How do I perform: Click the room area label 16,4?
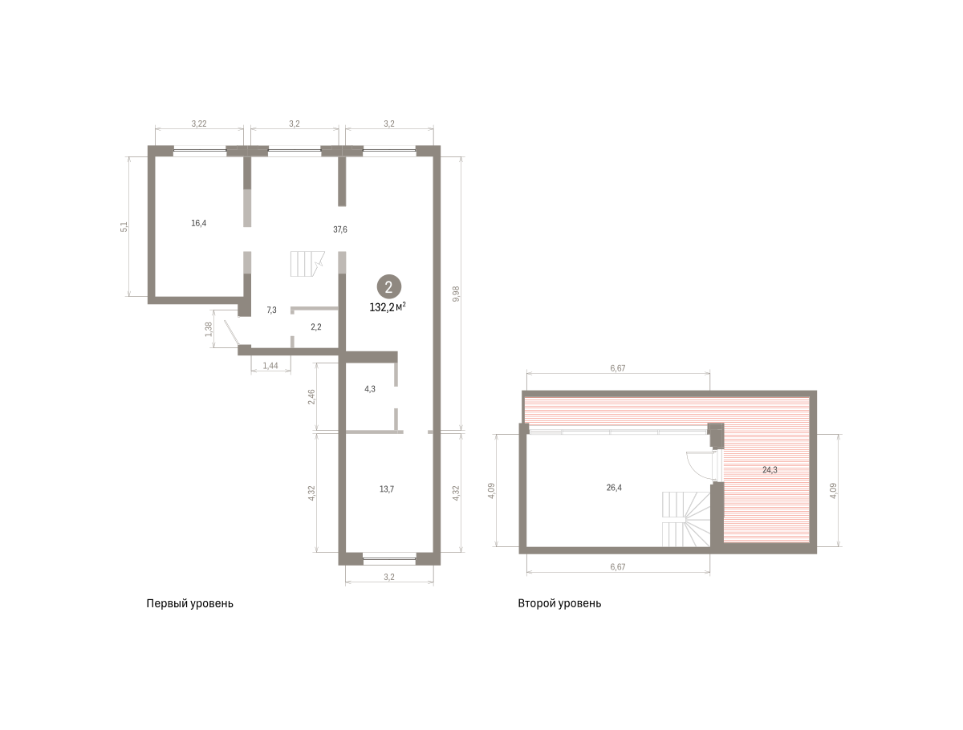pos(198,223)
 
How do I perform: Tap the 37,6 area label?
pos(340,229)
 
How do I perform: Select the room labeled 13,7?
pos(387,489)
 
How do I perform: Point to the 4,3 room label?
pos(370,389)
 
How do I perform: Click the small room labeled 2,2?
pos(316,326)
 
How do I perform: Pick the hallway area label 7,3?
pos(271,310)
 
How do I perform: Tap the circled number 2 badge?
pos(388,287)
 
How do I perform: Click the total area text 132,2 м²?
pos(388,307)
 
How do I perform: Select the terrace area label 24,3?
pos(770,470)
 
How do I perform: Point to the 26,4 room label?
pos(614,488)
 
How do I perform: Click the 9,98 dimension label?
pos(457,294)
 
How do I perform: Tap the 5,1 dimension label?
pos(124,227)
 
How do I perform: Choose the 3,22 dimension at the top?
pos(199,124)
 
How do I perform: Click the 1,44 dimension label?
pos(270,365)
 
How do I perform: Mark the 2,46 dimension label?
pos(311,397)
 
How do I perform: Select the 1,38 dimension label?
pos(209,329)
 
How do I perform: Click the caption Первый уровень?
pos(189,603)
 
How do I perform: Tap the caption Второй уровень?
pos(559,603)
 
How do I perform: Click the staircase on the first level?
pos(307,264)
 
